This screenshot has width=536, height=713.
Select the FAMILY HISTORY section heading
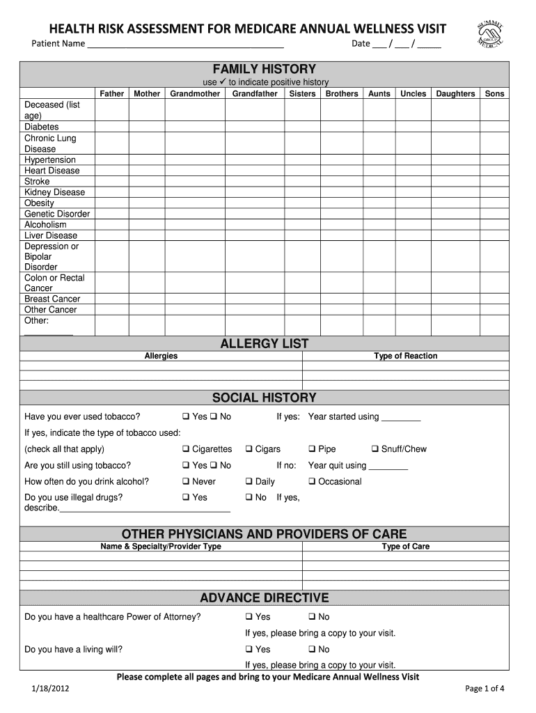click(x=264, y=69)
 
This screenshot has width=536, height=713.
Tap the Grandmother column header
click(x=195, y=93)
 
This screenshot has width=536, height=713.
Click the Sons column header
click(x=494, y=93)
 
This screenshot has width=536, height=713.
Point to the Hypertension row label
click(x=50, y=159)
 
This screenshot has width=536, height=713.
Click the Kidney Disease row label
click(x=54, y=192)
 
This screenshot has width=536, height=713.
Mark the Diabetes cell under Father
click(x=111, y=127)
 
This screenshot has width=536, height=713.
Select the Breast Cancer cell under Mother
click(x=146, y=299)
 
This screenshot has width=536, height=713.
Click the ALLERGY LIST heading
click(x=264, y=344)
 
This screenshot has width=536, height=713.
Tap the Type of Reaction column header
click(x=405, y=356)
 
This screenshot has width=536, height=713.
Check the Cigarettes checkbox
click(x=186, y=450)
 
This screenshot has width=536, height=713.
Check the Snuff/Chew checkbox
click(x=375, y=450)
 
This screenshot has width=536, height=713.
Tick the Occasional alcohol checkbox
click(x=313, y=482)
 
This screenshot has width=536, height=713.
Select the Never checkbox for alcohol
click(x=186, y=482)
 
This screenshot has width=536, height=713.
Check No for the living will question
click(x=313, y=650)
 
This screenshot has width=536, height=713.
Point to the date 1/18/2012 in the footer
click(x=49, y=689)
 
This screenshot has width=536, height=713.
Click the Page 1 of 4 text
click(x=484, y=689)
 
